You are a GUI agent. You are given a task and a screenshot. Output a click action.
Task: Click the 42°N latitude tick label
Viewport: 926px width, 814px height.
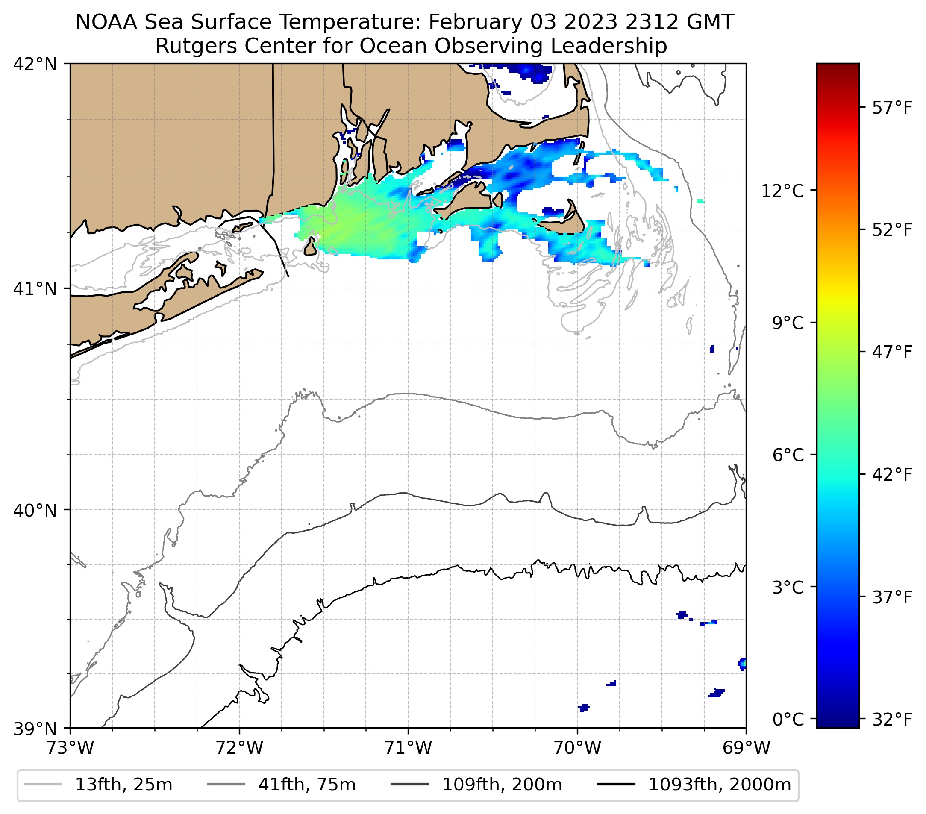pos(35,65)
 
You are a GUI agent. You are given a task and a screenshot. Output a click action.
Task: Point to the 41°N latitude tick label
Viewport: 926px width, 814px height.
pos(35,288)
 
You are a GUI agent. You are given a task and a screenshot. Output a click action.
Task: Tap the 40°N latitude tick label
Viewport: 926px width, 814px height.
pos(35,511)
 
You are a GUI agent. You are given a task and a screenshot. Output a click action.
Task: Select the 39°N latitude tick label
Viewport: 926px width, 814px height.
pos(35,729)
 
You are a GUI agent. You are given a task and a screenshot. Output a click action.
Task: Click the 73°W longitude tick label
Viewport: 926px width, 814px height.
pos(70,748)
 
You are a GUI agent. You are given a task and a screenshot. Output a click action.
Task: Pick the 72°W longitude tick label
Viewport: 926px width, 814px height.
pos(239,748)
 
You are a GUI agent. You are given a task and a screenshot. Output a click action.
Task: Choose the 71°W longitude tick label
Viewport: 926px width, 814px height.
pos(408,748)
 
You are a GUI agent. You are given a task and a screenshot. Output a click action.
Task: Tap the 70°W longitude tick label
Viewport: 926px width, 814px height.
pos(578,748)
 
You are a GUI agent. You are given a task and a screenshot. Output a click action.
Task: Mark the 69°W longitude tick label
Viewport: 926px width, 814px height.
pos(746,748)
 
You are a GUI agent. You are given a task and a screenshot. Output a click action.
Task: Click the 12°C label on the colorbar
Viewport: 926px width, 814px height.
pos(789,191)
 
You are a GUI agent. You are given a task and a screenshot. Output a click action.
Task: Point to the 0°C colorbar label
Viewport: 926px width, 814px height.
pos(789,719)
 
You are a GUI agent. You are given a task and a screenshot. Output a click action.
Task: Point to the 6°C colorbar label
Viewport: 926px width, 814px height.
pos(789,455)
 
